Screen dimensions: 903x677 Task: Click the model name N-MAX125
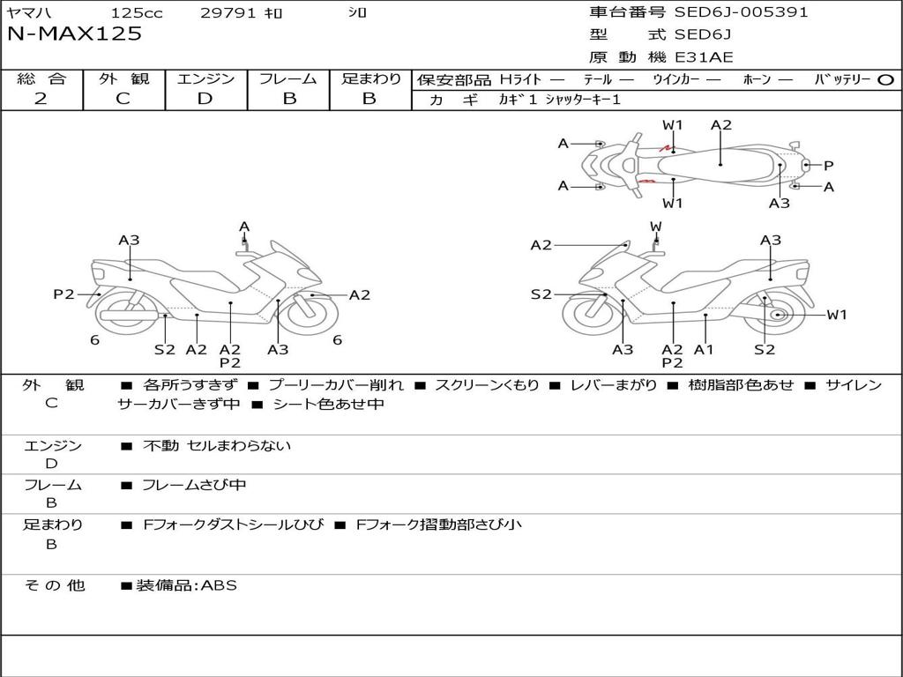tap(74, 34)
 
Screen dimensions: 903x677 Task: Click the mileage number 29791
tap(228, 13)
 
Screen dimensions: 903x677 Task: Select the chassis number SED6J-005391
tap(741, 12)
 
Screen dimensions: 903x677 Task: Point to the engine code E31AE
tap(704, 58)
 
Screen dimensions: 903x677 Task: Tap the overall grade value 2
tap(41, 99)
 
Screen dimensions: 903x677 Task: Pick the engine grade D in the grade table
tap(205, 99)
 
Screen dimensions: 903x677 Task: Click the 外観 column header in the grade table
tap(123, 78)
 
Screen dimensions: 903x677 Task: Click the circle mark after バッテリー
tap(885, 79)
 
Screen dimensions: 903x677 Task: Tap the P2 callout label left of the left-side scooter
tap(63, 294)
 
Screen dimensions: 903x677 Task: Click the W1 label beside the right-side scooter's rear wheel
tap(836, 315)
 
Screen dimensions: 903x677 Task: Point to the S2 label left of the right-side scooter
tap(541, 294)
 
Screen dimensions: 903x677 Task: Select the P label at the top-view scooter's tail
tap(828, 165)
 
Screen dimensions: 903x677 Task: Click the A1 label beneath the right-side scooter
tap(703, 350)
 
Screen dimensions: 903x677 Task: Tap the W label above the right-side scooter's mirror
tap(655, 227)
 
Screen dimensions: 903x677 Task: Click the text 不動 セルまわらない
tap(217, 446)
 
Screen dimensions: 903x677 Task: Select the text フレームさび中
tap(194, 485)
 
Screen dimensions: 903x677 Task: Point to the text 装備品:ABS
tap(186, 584)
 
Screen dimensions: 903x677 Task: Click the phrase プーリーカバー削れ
tap(335, 385)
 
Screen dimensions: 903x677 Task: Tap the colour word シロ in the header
tap(357, 13)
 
